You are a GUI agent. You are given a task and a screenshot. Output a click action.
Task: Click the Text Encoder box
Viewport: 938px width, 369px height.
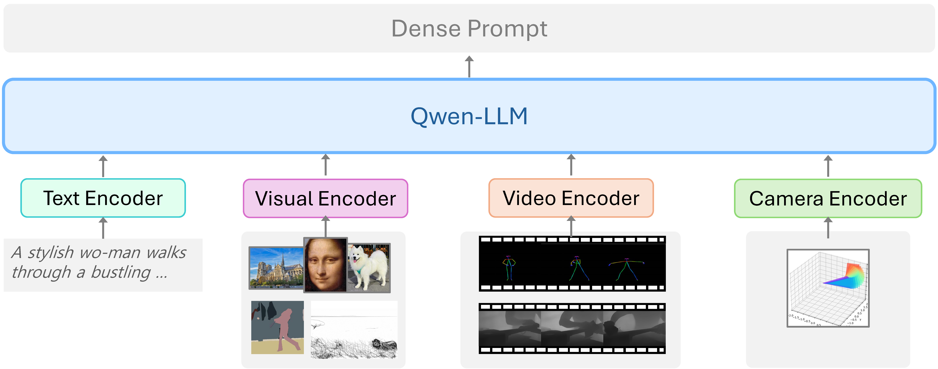103,198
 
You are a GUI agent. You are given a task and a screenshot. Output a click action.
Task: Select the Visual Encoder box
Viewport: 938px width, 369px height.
325,199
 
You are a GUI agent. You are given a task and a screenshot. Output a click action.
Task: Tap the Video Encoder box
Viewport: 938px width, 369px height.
571,198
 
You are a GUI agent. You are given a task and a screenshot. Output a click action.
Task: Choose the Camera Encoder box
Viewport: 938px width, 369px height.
828,199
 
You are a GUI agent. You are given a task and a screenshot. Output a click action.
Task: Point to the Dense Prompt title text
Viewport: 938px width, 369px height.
469,28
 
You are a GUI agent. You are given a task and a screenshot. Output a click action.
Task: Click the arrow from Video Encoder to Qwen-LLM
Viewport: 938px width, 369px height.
571,165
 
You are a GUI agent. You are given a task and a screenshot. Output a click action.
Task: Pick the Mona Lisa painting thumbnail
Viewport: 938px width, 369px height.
325,265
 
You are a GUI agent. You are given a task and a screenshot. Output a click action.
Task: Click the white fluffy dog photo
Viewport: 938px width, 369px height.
369,268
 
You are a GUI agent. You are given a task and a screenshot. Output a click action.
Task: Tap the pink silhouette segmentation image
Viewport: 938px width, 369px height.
278,327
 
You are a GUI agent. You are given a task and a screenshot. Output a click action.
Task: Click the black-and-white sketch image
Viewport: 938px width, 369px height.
354,330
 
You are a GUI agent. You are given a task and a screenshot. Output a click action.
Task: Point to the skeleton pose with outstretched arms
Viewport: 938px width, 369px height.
626,269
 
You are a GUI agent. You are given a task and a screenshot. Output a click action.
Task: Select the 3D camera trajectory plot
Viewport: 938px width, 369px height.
828,288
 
